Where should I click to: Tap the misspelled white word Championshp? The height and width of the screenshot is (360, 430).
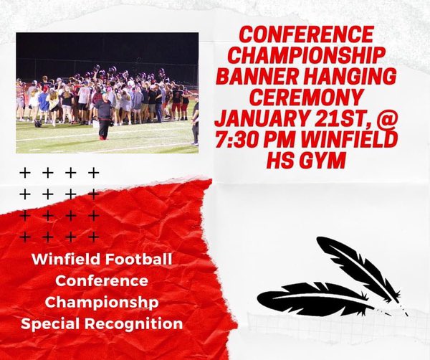click(x=101, y=302)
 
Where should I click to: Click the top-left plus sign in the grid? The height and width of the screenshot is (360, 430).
click(x=26, y=173)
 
